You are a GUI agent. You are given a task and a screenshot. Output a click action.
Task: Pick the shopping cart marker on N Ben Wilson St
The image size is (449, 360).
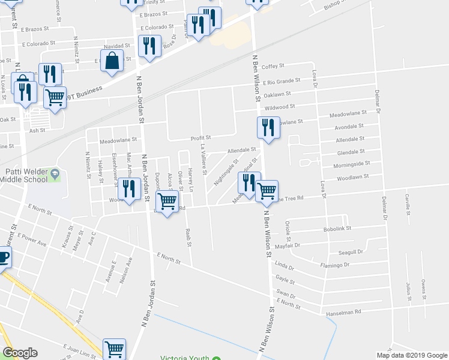tap(267, 192)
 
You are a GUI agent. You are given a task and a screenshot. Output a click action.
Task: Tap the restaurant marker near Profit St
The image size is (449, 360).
tap(268, 128)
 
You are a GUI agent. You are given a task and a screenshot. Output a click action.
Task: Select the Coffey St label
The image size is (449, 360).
tap(272, 66)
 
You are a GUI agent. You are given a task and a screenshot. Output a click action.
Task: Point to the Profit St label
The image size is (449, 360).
tap(200, 137)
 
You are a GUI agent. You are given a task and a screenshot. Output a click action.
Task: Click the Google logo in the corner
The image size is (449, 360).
tap(20, 353)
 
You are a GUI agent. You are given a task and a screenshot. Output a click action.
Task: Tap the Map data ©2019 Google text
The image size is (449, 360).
tap(411, 355)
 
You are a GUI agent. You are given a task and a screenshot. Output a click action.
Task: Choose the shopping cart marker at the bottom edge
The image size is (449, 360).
tap(113, 349)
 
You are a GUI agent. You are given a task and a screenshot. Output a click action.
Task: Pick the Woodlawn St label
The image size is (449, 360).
tap(352, 178)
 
